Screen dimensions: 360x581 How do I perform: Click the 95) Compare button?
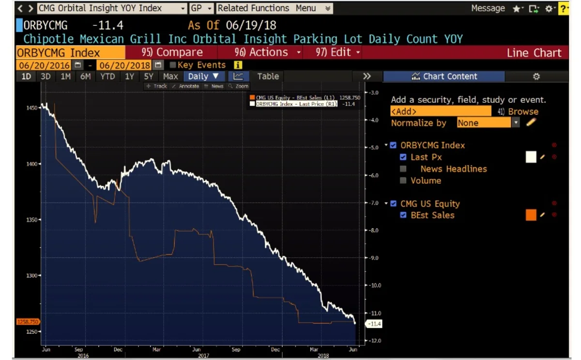[172, 52]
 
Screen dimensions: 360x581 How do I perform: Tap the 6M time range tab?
[85, 76]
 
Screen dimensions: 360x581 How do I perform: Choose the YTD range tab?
[107, 76]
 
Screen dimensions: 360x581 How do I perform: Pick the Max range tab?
[170, 76]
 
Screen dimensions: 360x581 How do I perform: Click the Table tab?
[268, 76]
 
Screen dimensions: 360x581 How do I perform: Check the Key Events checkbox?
[173, 65]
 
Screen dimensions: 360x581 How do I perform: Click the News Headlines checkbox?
[403, 169]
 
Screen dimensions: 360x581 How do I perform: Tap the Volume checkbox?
[403, 181]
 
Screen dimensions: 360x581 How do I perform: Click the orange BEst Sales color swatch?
[531, 215]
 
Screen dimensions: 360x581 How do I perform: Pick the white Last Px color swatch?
[531, 157]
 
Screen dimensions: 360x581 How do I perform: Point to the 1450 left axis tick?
[32, 108]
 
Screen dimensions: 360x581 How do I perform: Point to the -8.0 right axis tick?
[373, 231]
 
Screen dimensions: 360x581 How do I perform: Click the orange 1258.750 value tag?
[28, 322]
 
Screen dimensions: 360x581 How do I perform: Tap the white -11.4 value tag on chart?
[375, 324]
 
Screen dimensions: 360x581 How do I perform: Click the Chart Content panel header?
[444, 76]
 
